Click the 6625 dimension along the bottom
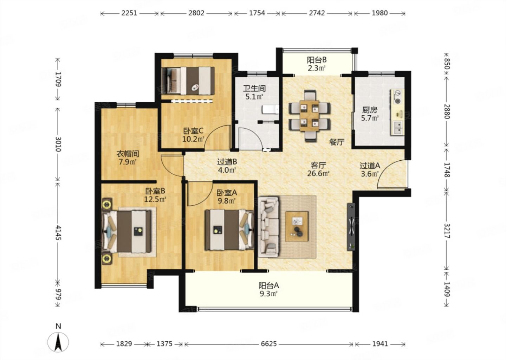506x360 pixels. click(x=268, y=344)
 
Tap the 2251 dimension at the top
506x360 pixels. click(x=129, y=13)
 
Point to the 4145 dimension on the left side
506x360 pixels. click(x=58, y=232)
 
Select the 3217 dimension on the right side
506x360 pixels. click(x=447, y=231)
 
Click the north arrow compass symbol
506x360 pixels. click(x=58, y=342)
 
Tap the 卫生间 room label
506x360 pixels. click(x=254, y=89)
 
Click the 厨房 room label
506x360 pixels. click(x=370, y=110)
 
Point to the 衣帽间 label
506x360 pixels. click(x=128, y=154)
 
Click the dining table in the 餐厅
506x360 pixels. click(x=310, y=115)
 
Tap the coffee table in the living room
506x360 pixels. click(x=297, y=226)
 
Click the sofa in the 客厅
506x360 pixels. click(x=268, y=227)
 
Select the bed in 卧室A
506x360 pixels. click(x=229, y=230)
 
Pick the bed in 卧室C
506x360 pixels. click(x=188, y=81)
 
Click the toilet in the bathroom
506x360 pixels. click(x=271, y=110)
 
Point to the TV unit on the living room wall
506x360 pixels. click(x=351, y=227)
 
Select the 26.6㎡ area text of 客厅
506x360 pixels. click(x=318, y=174)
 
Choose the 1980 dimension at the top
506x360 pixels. click(x=379, y=13)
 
